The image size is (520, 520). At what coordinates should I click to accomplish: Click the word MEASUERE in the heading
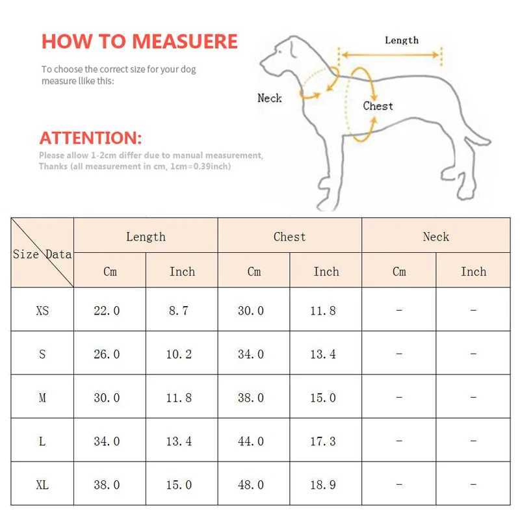tap(186, 41)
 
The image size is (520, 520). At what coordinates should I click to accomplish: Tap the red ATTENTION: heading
tap(90, 138)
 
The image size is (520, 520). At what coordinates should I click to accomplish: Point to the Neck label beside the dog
tap(269, 98)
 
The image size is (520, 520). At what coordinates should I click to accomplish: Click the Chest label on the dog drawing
tap(378, 106)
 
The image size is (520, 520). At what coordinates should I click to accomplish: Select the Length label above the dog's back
tap(401, 40)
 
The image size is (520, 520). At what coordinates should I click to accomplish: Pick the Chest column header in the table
tap(289, 237)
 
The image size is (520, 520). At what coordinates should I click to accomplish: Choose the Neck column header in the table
tap(435, 237)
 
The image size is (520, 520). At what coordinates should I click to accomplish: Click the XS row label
tap(42, 311)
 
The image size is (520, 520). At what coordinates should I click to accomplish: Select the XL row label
tap(42, 485)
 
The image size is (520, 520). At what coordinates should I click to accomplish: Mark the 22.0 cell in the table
tap(107, 311)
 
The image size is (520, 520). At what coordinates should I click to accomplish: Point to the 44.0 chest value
tap(251, 441)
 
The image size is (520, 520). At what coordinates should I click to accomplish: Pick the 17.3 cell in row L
tap(323, 441)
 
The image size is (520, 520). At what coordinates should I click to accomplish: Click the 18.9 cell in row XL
tap(323, 485)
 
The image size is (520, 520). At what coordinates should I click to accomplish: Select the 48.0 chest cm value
tap(251, 485)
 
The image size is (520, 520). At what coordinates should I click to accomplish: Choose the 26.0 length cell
tap(107, 354)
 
